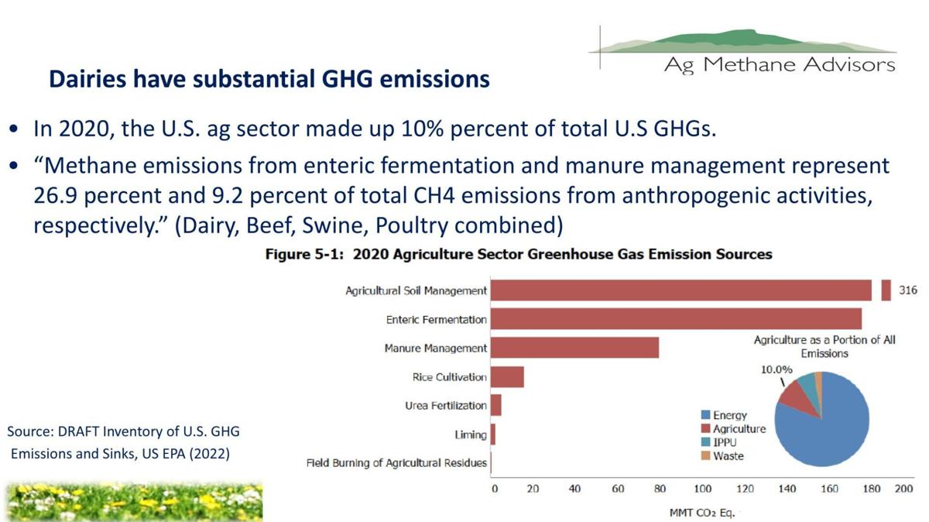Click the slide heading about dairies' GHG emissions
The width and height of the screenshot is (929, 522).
(x=269, y=79)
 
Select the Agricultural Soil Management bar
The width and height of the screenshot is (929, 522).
(x=681, y=290)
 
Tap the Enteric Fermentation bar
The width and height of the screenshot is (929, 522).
(x=676, y=319)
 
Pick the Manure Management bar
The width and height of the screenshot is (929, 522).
(x=574, y=348)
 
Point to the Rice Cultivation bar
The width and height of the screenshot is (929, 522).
(x=507, y=377)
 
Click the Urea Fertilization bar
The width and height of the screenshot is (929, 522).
(x=496, y=405)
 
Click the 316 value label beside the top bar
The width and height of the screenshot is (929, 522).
(x=908, y=290)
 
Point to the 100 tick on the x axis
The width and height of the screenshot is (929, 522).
(x=702, y=489)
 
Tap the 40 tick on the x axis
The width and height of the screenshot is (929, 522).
(x=574, y=489)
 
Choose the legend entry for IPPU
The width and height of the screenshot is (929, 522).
(x=719, y=442)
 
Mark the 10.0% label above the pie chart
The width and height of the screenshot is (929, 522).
(x=777, y=369)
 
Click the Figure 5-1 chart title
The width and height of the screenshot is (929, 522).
(x=518, y=254)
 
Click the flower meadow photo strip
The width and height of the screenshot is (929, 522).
(x=133, y=501)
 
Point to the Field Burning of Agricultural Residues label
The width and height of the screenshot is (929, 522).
(x=396, y=463)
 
